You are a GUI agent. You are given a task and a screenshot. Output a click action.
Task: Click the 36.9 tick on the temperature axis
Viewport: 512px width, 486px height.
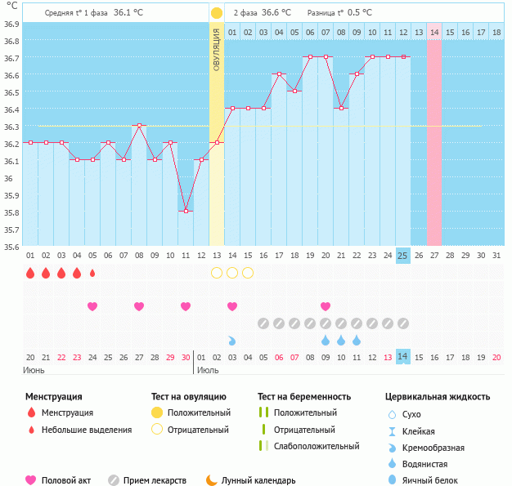pos(11,24)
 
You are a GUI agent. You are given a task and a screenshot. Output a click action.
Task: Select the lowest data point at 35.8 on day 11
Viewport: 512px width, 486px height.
pos(186,211)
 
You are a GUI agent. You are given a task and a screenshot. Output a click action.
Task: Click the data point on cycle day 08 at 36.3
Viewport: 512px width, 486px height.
pos(139,125)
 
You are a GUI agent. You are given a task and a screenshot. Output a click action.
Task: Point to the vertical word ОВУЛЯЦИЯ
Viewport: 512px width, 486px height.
pos(217,49)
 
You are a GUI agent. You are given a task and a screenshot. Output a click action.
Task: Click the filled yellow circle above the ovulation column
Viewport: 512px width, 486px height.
pos(216,13)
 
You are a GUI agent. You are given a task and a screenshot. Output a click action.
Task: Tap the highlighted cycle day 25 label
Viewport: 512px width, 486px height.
pos(402,256)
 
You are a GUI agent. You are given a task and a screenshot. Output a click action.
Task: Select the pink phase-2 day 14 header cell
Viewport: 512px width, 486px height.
pos(433,32)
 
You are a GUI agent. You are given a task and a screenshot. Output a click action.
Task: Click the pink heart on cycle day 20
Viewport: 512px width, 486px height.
pos(326,306)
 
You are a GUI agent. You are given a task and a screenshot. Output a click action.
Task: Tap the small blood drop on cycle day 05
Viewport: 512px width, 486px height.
pos(92,273)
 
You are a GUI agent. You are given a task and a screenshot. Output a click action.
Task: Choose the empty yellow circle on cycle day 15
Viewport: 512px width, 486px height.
pos(248,273)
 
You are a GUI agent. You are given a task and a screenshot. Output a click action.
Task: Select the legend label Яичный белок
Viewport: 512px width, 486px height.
pos(436,480)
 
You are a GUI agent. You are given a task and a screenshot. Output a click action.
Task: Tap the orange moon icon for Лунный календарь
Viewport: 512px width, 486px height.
pos(212,480)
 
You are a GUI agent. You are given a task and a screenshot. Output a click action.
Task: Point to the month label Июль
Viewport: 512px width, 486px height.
pos(209,370)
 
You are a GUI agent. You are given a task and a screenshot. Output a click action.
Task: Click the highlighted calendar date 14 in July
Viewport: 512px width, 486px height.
pos(402,357)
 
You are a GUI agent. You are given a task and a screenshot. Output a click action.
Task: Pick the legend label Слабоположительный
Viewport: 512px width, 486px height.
pos(317,446)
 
